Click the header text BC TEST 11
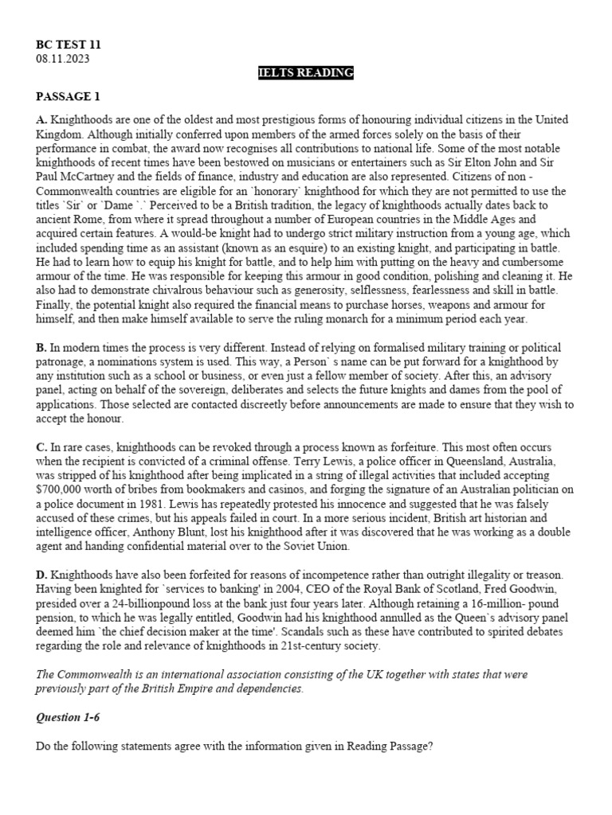(69, 45)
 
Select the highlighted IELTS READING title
(305, 73)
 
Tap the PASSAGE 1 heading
(69, 97)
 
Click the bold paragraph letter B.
(41, 348)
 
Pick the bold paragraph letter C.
(41, 447)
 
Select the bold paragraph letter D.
(41, 575)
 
